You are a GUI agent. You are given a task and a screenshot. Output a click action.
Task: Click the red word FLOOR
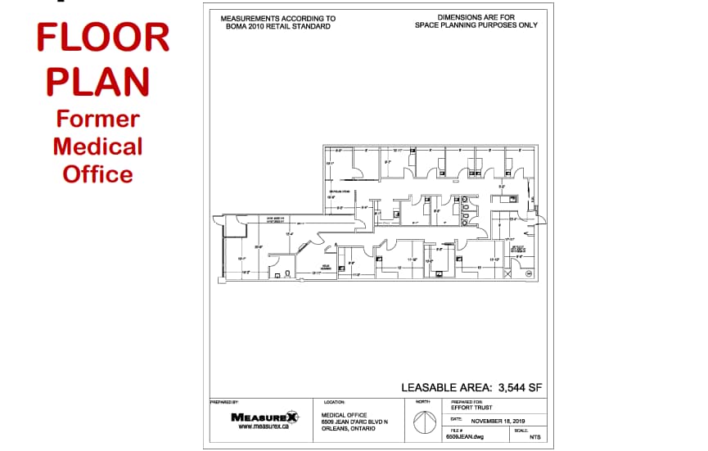tap(103, 37)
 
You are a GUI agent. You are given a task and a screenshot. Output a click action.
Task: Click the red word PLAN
tap(97, 80)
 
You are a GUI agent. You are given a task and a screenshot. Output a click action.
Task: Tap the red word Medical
tap(97, 147)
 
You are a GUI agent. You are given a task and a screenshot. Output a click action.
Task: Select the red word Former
tap(97, 119)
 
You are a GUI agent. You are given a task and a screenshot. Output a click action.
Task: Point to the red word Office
tap(97, 174)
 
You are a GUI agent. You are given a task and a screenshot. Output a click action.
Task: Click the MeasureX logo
tap(264, 417)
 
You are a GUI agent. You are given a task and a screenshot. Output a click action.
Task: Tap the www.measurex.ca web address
tap(264, 426)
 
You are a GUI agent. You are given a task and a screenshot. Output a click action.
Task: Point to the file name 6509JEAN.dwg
tap(465, 438)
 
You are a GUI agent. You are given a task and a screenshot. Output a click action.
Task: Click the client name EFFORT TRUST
tap(471, 408)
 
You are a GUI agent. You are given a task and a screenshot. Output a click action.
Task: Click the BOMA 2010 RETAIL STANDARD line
tap(278, 26)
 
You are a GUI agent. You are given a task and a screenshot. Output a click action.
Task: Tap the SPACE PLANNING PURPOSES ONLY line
tap(476, 25)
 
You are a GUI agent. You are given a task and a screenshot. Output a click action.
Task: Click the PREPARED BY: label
tap(224, 402)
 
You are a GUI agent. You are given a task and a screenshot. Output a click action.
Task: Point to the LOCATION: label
tap(335, 402)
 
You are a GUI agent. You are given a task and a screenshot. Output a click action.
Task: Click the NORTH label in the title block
tap(422, 402)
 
